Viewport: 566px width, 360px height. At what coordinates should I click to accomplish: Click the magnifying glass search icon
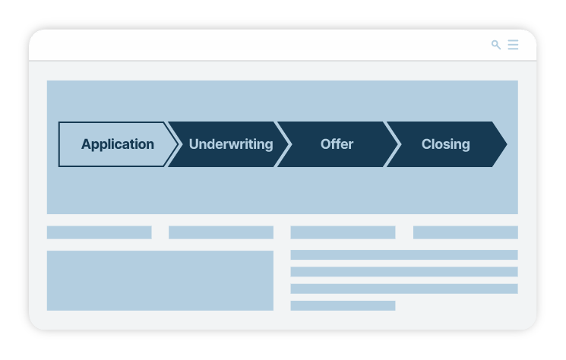496,45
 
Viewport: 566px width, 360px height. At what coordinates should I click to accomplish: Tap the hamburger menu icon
513,45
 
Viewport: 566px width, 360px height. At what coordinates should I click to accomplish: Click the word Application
118,144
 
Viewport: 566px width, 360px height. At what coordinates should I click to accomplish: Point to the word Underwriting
231,144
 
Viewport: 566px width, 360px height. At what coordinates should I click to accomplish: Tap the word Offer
337,144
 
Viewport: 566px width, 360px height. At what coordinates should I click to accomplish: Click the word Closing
446,144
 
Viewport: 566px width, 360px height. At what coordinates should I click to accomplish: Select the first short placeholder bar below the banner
100,232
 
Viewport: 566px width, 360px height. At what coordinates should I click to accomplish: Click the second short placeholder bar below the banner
221,232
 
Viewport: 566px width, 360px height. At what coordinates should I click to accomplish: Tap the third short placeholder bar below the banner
343,232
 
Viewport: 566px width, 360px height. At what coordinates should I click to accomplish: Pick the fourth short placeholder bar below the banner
466,232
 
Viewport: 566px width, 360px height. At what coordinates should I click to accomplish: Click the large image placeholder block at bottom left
160,281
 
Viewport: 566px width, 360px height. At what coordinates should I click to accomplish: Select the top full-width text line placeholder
404,254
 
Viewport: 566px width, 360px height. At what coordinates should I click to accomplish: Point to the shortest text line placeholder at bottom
343,305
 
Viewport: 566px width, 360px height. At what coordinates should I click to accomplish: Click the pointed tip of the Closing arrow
507,144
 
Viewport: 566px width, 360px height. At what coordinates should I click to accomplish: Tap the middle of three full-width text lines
404,272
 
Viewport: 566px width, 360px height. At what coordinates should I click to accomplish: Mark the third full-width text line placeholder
404,289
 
